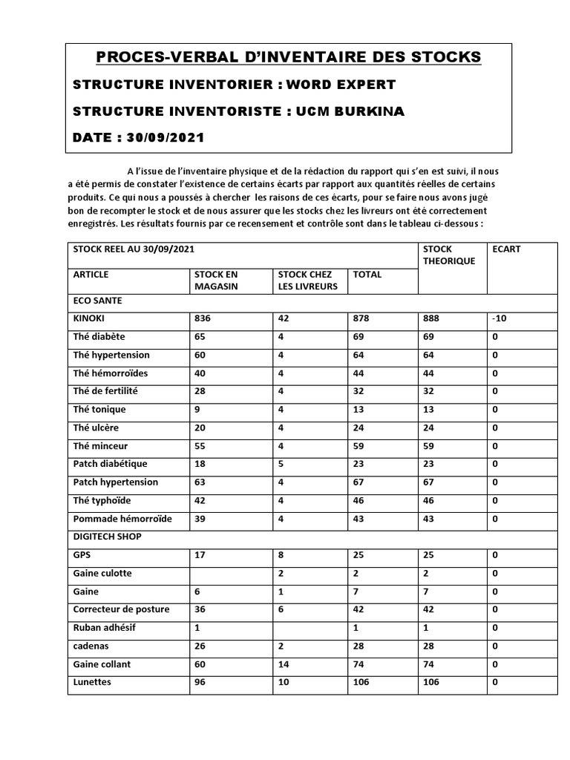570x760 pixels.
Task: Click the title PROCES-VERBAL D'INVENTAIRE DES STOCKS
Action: coord(289,57)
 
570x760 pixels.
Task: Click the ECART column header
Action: coord(506,249)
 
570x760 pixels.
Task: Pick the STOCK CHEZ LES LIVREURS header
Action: coord(307,280)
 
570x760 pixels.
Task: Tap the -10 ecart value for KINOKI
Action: coord(501,318)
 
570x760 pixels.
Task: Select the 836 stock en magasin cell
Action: coord(203,318)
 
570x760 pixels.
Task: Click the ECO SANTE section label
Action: coord(98,301)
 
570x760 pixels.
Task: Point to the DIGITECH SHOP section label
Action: coord(107,536)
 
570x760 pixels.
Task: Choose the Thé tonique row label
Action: coord(99,409)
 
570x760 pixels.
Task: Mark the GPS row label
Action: coord(82,554)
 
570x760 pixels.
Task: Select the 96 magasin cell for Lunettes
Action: coord(200,682)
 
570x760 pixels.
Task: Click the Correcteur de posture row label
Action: coord(121,609)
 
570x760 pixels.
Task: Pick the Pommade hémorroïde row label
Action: coord(122,518)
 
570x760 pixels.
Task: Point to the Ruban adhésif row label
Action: coord(105,627)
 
